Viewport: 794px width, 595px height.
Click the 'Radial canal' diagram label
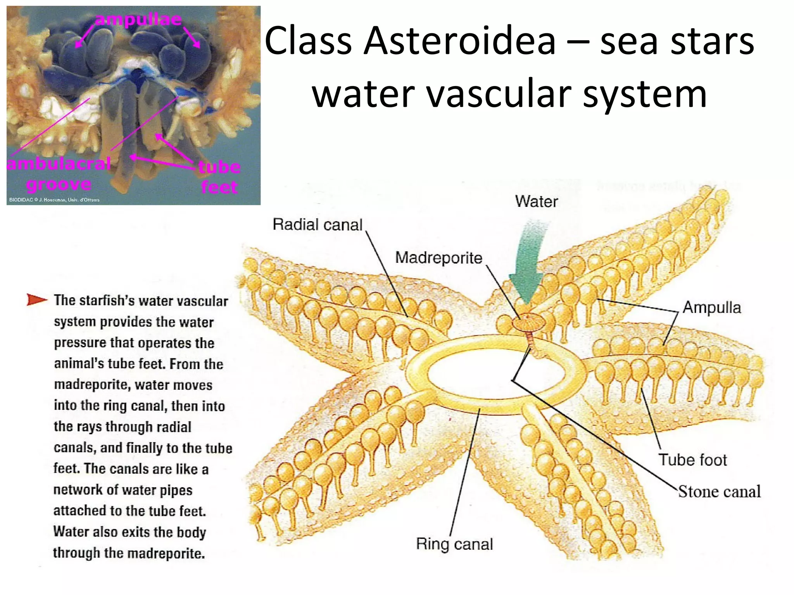tap(317, 225)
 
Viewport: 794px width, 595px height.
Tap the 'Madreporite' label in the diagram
tap(438, 258)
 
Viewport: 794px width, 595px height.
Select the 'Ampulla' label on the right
tap(712, 308)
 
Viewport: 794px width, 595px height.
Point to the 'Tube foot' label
tap(693, 460)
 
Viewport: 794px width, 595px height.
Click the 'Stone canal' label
tap(719, 492)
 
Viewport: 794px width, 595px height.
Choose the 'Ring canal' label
tap(454, 544)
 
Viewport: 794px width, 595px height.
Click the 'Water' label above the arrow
tap(536, 201)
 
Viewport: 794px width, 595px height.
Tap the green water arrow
tap(529, 263)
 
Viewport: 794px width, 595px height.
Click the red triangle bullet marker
tap(36, 299)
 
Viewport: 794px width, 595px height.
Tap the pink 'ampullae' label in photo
tap(138, 19)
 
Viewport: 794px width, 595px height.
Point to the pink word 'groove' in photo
tap(59, 184)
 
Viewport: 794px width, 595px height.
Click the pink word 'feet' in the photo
tap(219, 187)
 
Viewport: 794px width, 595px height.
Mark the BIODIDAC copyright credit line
tap(54, 200)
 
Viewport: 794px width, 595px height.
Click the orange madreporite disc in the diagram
tap(528, 322)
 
